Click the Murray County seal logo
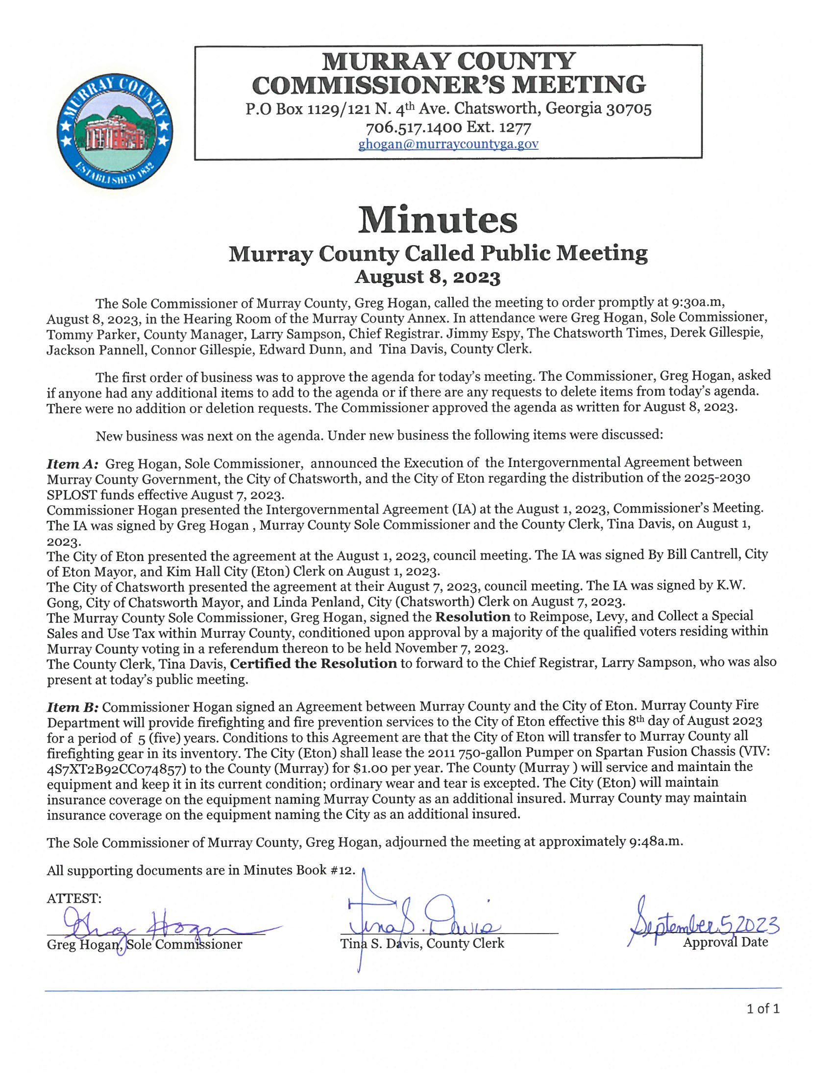[115, 132]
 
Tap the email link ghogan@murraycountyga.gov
[448, 144]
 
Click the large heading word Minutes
[438, 220]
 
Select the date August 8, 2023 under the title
[427, 277]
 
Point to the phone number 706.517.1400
[414, 128]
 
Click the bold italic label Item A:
[73, 464]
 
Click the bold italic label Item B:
[73, 707]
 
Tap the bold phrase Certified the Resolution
[314, 663]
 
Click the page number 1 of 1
[762, 1008]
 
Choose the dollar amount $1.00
[373, 768]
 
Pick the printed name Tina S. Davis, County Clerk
[422, 943]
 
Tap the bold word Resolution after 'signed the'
[473, 616]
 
